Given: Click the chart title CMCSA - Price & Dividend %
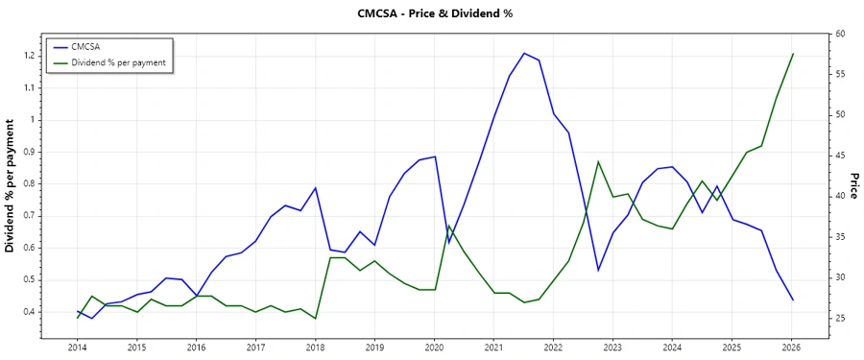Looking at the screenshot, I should pos(432,13).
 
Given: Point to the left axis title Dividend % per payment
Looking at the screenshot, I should pos(11,186).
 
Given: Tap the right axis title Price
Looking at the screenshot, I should pos(852,186).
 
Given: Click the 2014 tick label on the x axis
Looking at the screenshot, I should pos(77,347).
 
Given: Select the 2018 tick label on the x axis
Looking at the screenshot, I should pos(315,347).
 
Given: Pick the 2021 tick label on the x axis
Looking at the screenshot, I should pos(493,347).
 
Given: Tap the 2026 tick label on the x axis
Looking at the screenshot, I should pos(791,347).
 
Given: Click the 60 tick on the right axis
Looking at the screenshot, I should pos(839,34).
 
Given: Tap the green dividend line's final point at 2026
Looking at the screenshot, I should pos(793,54).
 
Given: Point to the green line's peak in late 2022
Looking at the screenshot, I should pos(598,161).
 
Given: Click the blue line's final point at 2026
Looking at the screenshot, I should pos(793,300).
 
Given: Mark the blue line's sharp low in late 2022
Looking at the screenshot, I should pos(598,270).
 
